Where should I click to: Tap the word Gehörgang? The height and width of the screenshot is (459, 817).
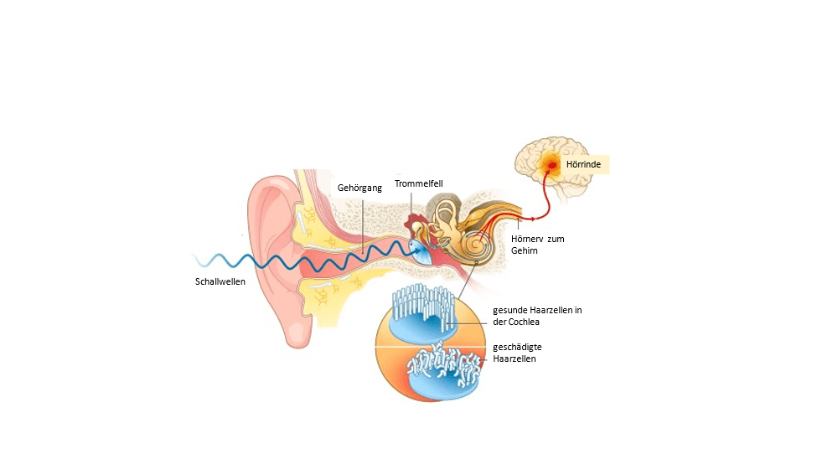click(359, 188)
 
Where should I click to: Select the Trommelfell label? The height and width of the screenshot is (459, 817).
click(418, 183)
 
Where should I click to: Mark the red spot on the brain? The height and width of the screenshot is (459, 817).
click(552, 165)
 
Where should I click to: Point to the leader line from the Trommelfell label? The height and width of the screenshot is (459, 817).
click(412, 205)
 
